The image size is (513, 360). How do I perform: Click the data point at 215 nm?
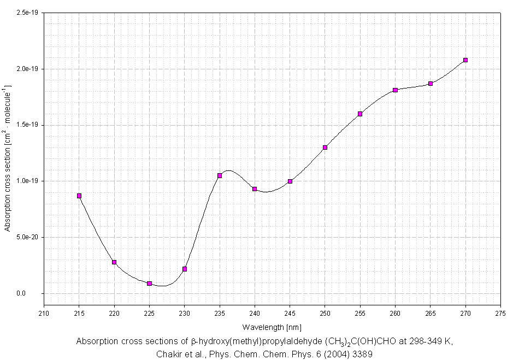pyautogui.click(x=79, y=196)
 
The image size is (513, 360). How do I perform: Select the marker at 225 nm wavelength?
pyautogui.click(x=149, y=284)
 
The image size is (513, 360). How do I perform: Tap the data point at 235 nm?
pyautogui.click(x=220, y=175)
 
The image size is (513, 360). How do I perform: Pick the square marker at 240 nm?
pyautogui.click(x=255, y=189)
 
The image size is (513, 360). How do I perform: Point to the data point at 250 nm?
pyautogui.click(x=325, y=147)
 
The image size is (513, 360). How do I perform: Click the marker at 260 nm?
pyautogui.click(x=395, y=90)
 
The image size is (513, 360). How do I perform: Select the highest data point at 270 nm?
pyautogui.click(x=465, y=60)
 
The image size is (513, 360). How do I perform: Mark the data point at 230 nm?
pyautogui.click(x=185, y=269)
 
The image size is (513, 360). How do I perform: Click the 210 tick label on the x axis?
pyautogui.click(x=44, y=314)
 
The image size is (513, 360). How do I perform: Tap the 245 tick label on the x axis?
pyautogui.click(x=290, y=314)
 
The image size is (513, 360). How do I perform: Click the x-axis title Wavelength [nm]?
pyautogui.click(x=272, y=327)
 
